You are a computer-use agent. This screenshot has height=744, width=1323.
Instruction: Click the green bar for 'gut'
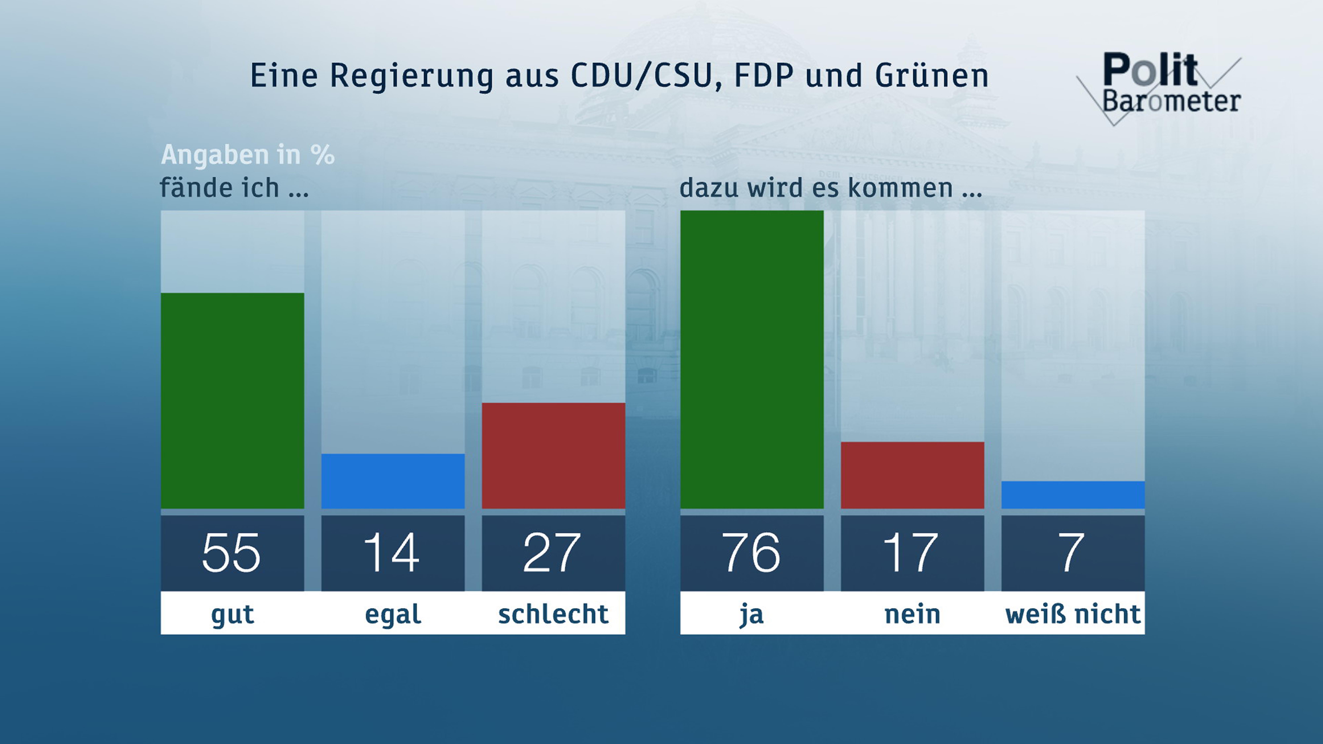tap(232, 400)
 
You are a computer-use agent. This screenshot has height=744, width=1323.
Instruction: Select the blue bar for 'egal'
tap(393, 481)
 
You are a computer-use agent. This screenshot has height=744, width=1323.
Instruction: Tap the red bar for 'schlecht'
tap(553, 455)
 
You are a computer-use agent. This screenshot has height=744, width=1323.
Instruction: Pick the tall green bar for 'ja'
tap(752, 359)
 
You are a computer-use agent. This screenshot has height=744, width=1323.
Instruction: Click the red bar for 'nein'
tap(912, 475)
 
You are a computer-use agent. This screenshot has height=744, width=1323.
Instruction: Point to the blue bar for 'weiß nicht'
tap(1073, 495)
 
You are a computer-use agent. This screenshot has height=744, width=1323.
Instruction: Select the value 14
tap(392, 553)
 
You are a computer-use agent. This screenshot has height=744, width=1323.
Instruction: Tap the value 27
tap(552, 553)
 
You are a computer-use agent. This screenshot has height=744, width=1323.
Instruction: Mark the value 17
tap(911, 553)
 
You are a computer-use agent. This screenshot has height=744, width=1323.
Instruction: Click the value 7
tap(1072, 553)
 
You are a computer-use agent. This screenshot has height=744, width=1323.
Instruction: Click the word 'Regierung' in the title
tap(411, 76)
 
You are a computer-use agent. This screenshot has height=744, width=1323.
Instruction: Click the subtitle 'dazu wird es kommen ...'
tap(831, 188)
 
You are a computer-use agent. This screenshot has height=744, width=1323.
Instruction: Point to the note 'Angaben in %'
tap(248, 155)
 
